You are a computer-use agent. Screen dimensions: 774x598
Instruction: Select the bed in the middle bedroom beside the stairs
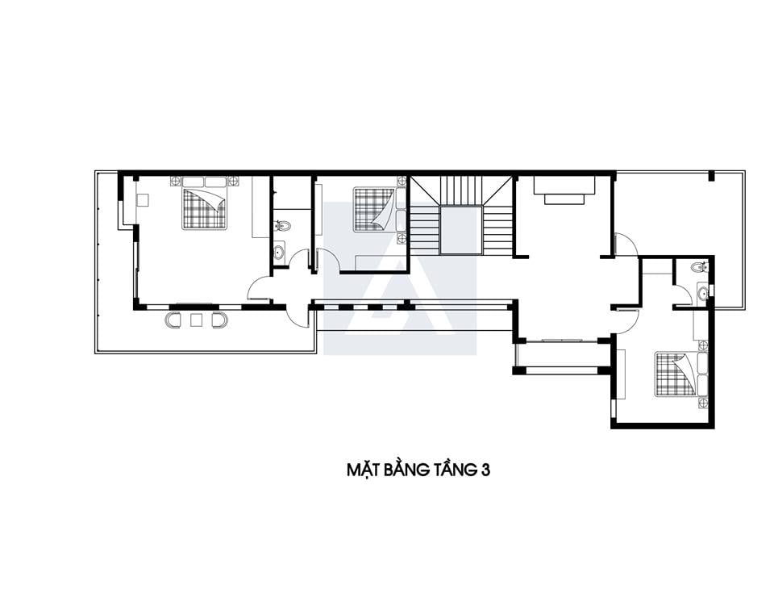(x=374, y=208)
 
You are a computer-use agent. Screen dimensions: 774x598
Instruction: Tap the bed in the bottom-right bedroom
(x=676, y=374)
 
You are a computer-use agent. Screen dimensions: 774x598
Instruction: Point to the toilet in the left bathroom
(x=283, y=226)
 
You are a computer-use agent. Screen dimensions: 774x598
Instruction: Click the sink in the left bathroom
(x=280, y=251)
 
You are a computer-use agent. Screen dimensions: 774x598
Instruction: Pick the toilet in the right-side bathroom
(x=699, y=267)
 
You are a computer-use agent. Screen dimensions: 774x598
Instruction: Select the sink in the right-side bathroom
(x=703, y=293)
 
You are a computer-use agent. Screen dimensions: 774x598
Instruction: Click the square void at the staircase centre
(x=461, y=230)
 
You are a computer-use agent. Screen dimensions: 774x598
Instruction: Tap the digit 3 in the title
(x=485, y=470)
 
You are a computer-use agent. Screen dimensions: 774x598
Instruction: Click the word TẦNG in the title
(x=453, y=469)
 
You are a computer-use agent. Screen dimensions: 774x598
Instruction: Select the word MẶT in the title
(x=362, y=469)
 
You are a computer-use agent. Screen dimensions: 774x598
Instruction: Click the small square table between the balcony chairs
(x=197, y=320)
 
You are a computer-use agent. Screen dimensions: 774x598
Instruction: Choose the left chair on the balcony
(x=173, y=320)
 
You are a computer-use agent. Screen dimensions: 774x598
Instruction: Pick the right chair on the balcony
(x=219, y=320)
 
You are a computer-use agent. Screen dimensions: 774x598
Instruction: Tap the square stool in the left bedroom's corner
(x=143, y=199)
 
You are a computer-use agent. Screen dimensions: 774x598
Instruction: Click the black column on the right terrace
(x=711, y=175)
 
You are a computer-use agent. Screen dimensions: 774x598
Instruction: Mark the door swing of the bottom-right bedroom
(x=628, y=322)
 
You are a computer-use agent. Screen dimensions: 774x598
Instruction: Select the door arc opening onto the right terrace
(x=627, y=244)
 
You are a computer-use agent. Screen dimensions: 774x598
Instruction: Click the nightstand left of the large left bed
(x=176, y=182)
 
